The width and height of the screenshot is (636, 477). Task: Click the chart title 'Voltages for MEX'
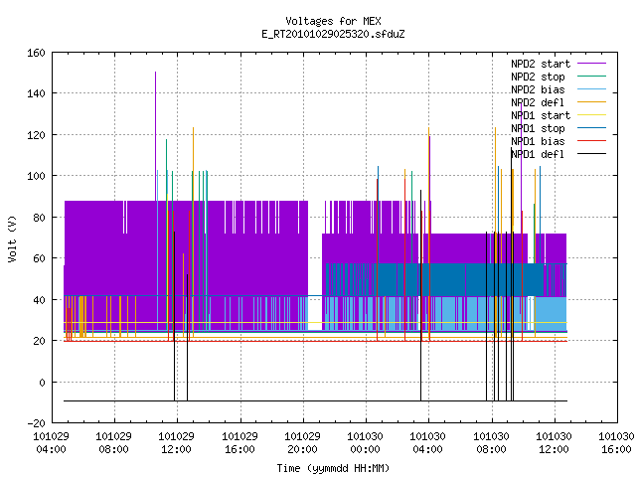333,21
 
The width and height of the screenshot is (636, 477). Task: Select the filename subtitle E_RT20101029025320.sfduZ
333,34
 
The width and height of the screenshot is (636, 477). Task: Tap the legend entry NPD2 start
541,64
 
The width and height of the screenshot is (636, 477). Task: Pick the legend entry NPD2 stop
538,77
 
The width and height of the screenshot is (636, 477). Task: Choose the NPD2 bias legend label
538,89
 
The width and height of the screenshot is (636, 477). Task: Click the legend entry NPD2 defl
538,102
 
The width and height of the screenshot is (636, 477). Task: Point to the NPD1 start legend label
541,115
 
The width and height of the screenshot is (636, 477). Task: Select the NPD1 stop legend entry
538,128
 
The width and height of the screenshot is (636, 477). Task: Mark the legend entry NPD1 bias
538,141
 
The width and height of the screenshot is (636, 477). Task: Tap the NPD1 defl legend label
538,155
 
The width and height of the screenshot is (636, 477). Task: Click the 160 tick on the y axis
36,53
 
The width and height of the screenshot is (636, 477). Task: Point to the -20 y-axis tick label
36,423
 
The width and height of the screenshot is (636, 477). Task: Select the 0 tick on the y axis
42,382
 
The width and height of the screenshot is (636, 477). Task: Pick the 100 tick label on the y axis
36,177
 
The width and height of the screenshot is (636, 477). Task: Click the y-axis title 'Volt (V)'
12,238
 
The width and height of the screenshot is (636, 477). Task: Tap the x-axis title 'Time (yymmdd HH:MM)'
333,468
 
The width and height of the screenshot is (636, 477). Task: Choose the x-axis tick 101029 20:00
302,443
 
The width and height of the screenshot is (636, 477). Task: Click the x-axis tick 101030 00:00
365,443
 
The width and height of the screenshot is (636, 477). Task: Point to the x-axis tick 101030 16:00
616,443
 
